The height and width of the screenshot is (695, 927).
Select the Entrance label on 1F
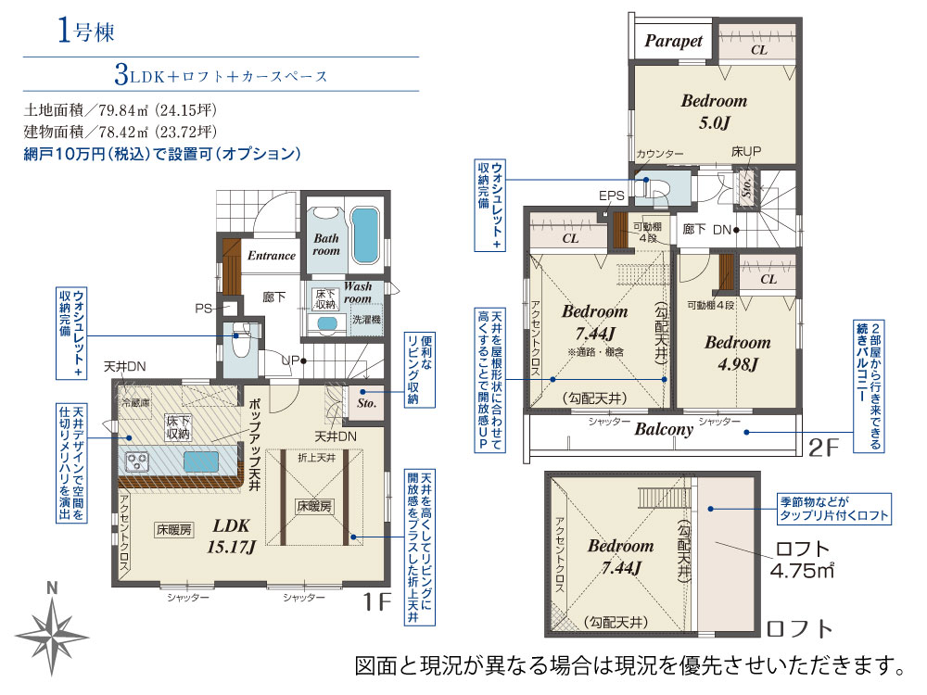click(x=271, y=256)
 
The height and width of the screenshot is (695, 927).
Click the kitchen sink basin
click(x=202, y=461)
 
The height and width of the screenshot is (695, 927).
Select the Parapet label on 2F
click(x=674, y=42)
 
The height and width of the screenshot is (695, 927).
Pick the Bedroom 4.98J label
click(x=737, y=353)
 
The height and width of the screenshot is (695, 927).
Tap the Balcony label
click(x=664, y=429)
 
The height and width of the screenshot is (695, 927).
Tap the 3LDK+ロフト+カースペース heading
click(x=222, y=75)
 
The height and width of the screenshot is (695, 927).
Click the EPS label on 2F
click(x=612, y=196)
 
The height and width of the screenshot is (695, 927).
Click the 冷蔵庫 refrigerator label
click(x=133, y=405)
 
